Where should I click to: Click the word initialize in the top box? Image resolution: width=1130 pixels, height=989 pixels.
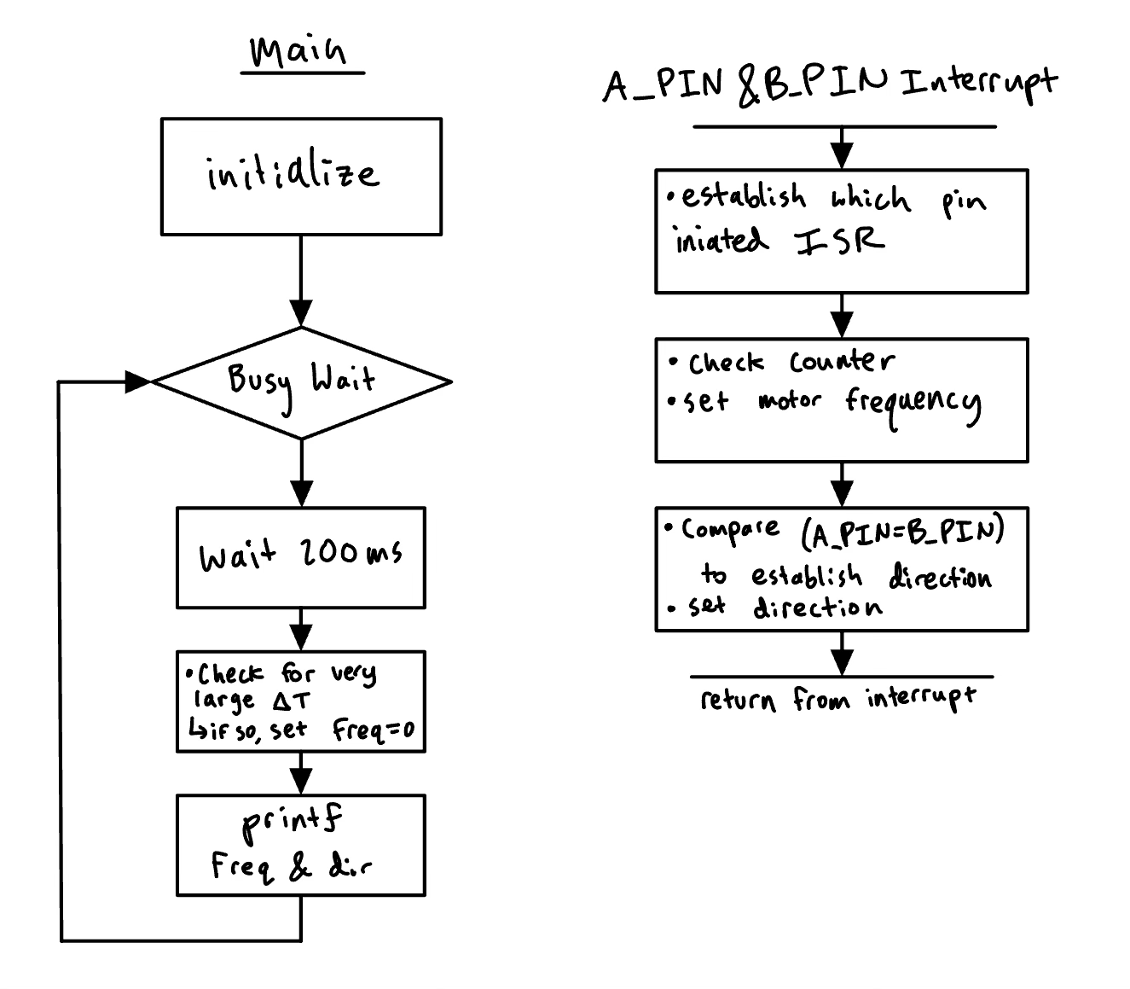pos(293,175)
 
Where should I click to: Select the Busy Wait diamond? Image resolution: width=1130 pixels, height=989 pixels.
pos(301,381)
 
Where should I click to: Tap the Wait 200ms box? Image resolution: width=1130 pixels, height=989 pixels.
pos(301,556)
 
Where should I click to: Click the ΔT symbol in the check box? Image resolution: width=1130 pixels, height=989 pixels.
pos(293,701)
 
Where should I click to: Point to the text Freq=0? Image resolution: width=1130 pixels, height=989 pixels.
pos(373,730)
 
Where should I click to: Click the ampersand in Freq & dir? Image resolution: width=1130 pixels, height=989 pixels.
pos(300,868)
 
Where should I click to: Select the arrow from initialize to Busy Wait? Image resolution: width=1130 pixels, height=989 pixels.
pos(301,282)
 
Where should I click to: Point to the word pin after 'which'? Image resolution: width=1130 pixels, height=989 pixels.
pos(964,202)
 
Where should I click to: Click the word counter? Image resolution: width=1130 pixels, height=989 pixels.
pos(842,362)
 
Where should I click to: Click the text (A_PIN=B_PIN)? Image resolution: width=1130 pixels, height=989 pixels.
pos(903,532)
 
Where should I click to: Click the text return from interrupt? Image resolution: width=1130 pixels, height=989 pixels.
pos(837,700)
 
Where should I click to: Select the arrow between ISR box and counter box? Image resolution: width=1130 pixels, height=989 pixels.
pos(842,316)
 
